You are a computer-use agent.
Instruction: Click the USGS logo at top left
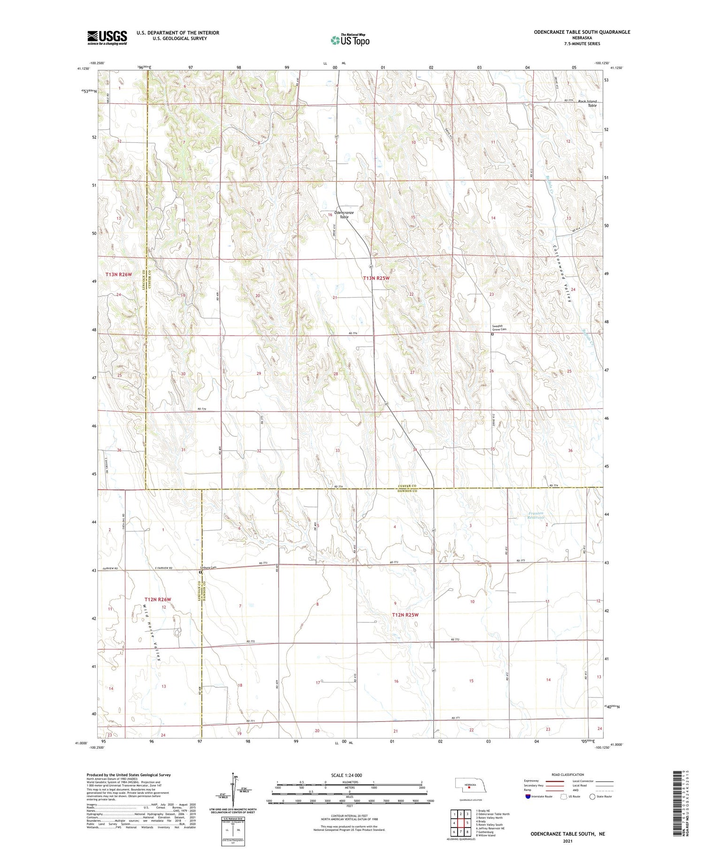107,38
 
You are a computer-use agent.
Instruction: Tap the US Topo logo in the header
350,40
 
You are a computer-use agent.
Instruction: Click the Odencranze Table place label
344,215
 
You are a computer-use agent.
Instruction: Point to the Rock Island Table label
587,103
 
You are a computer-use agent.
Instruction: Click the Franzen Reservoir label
536,516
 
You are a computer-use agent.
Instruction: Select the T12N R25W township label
405,614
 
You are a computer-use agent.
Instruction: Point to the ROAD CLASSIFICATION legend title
568,774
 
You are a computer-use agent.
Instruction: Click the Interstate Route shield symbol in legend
528,797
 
